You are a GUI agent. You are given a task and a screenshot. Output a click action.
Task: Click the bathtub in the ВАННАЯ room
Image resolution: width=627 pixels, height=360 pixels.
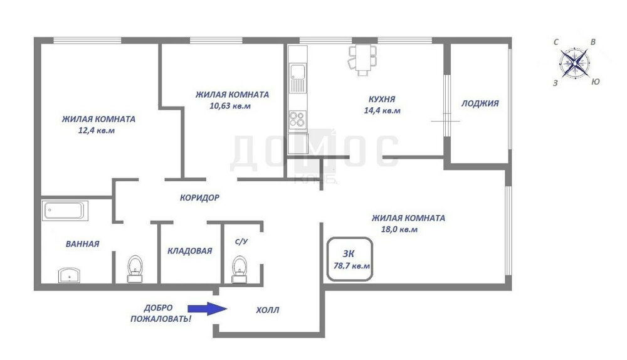click(65, 210)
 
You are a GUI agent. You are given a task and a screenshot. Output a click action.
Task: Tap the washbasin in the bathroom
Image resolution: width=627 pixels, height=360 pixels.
click(69, 275)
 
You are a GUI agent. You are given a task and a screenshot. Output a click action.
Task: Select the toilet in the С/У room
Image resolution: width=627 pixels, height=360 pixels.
click(240, 269)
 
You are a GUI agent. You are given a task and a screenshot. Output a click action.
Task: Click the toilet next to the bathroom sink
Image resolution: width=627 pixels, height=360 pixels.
click(135, 269)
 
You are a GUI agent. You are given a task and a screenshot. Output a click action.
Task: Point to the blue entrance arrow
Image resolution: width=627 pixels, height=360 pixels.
click(208, 309)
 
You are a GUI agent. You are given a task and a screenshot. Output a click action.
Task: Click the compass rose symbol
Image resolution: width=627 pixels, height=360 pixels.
click(574, 63)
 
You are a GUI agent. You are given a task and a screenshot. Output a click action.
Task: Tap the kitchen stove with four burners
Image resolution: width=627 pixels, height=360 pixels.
click(297, 119)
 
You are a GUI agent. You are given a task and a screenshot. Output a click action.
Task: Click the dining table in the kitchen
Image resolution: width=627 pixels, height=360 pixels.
click(362, 60)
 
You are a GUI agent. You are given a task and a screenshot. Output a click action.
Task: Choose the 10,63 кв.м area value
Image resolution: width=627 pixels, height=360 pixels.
click(230, 106)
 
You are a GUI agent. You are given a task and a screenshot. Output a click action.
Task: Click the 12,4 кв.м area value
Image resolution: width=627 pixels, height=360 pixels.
click(97, 130)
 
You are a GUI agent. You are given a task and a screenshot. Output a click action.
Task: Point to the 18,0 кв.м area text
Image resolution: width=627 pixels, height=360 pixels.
click(399, 230)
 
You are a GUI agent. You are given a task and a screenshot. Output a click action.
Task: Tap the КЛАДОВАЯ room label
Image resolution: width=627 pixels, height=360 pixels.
click(189, 251)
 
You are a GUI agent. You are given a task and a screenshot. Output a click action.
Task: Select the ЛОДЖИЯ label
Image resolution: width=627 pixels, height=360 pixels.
click(480, 103)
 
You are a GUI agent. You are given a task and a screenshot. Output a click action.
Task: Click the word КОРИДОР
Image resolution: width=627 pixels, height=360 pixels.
click(199, 197)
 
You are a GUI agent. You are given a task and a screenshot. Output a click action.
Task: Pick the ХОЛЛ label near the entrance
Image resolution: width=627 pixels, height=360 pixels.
click(268, 310)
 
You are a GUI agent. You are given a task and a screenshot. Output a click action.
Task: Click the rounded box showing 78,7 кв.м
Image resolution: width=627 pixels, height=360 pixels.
click(350, 238)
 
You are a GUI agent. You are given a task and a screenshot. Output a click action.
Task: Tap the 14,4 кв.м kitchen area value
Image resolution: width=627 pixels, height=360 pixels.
click(382, 110)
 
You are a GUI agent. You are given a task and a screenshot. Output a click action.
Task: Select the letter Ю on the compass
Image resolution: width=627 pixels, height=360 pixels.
click(596, 82)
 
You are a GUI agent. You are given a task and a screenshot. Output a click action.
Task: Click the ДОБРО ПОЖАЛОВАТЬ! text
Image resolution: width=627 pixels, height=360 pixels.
click(161, 313)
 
